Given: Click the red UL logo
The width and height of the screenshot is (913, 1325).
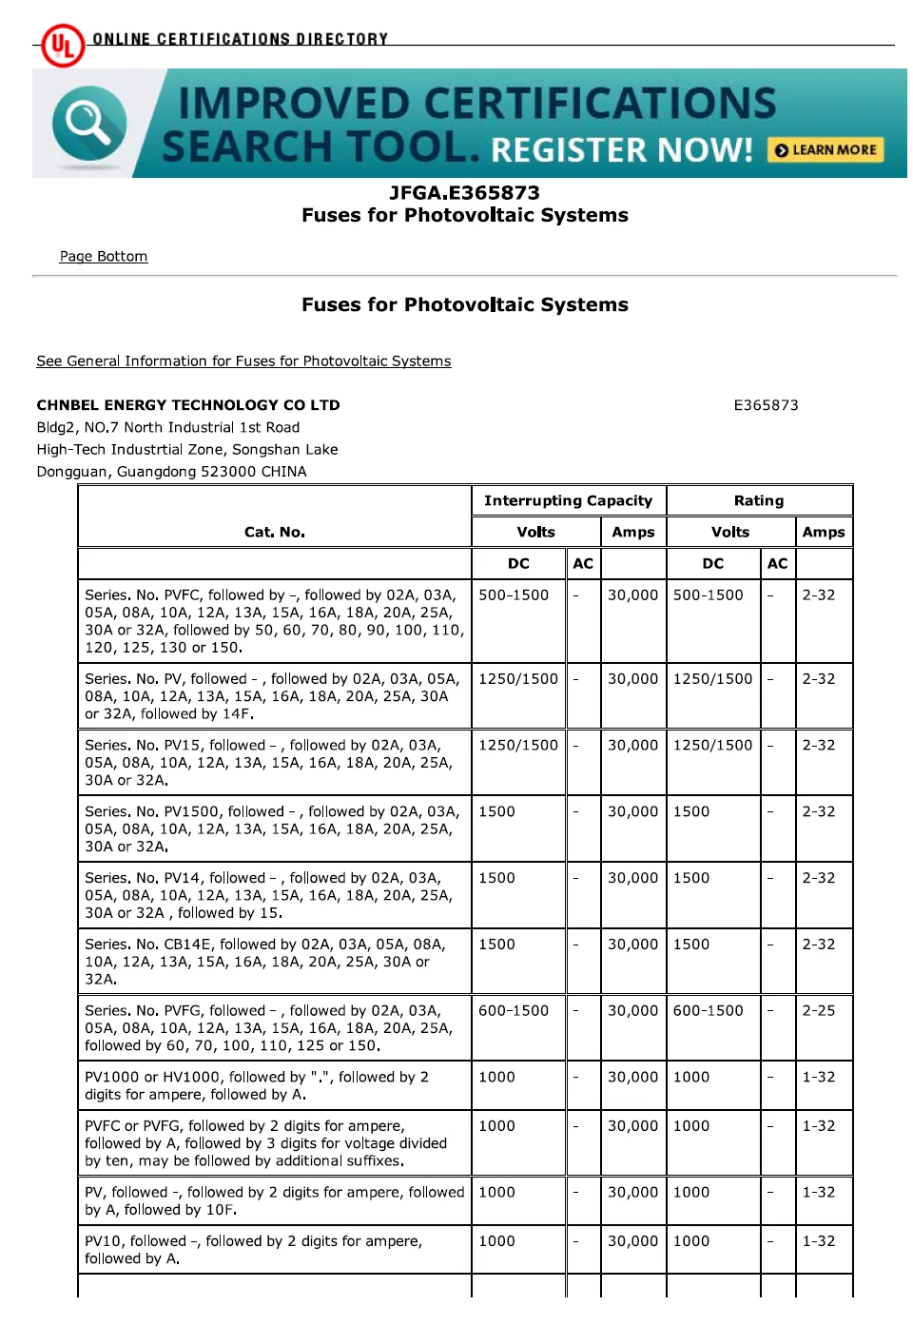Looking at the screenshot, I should tap(63, 45).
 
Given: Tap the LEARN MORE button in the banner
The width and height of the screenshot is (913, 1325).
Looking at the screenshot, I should tap(826, 150).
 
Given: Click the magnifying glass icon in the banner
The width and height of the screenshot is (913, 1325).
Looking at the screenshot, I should tap(88, 123).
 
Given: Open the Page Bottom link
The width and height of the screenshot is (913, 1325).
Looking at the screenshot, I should tap(104, 257).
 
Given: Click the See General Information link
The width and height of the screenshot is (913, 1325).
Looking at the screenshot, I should tap(243, 361).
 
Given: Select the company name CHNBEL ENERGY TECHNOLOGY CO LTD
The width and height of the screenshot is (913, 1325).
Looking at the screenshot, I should tap(188, 405).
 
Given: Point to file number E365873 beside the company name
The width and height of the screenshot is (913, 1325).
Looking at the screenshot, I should tap(766, 405).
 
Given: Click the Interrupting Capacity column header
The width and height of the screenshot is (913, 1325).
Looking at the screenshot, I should tap(568, 501).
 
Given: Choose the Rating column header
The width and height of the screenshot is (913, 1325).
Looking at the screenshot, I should tap(758, 501).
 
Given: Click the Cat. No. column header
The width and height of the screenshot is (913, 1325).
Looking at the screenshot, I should tap(274, 533).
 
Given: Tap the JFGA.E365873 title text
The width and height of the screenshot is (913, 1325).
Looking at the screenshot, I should tap(464, 193).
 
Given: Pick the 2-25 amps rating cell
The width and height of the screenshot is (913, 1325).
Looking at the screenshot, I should tap(818, 1011).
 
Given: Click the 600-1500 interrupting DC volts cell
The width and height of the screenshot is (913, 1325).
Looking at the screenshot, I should tap(514, 1011).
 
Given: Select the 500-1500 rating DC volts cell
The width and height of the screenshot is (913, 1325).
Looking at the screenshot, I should tap(708, 595).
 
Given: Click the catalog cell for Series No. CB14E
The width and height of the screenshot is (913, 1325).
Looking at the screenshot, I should tap(274, 962).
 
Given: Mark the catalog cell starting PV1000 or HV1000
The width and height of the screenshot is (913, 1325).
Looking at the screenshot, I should tap(274, 1085).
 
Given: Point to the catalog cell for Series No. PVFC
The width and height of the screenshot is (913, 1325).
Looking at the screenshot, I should tap(274, 621).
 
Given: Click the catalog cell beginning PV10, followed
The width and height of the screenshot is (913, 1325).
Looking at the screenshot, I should tap(274, 1250).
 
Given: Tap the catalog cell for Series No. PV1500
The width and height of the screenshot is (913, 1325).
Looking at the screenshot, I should tap(274, 828).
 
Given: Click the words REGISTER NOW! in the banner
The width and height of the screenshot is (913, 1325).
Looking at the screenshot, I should tap(622, 150).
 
